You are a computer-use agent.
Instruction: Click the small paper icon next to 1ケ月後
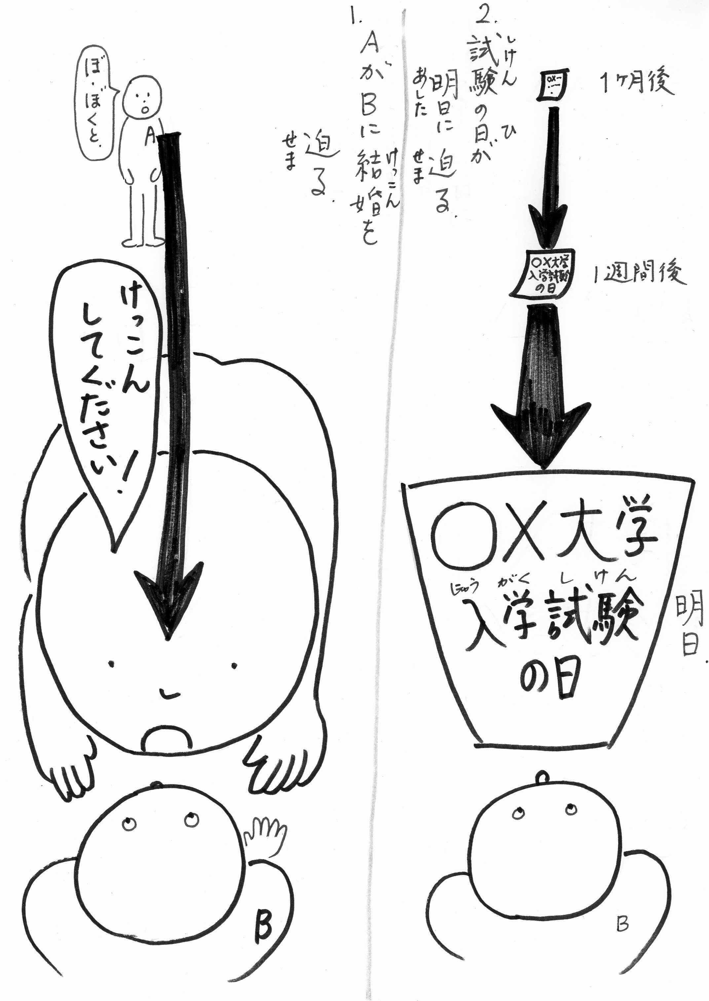(554, 85)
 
